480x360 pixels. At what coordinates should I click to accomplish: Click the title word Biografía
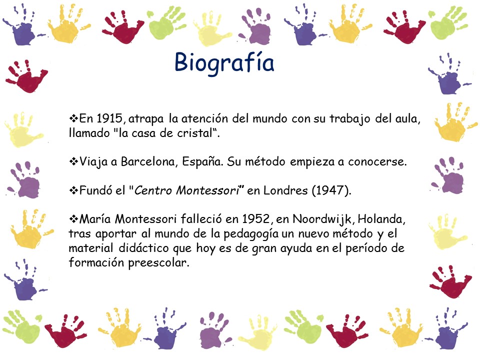coord(224,63)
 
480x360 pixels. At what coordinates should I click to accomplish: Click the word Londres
coord(285,190)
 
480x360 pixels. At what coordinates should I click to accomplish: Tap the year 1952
coord(256,219)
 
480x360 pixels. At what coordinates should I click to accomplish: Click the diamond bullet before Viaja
coord(74,161)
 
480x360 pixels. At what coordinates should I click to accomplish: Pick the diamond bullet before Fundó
coord(74,190)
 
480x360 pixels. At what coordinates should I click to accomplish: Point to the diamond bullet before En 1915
coord(74,118)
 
